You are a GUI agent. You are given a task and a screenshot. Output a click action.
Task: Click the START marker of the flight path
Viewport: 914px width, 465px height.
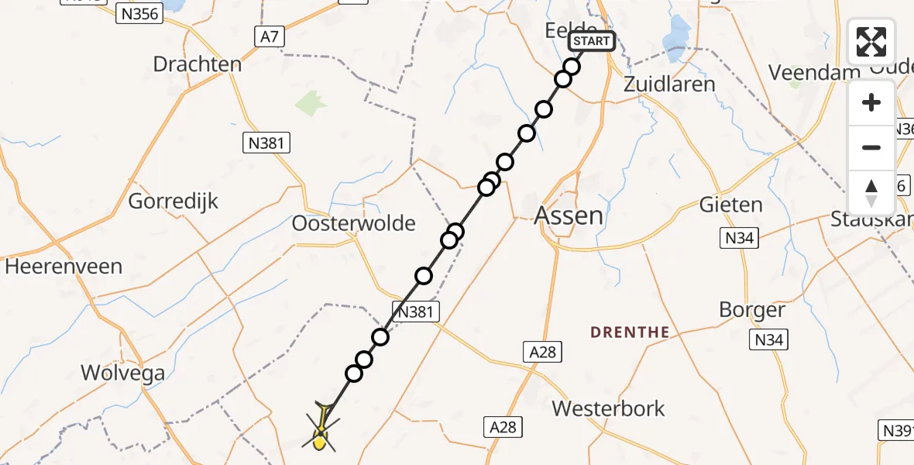click(592, 41)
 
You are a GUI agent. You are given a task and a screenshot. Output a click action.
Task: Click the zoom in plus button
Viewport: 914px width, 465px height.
click(871, 103)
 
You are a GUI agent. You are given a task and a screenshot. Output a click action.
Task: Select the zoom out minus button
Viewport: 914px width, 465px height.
click(871, 147)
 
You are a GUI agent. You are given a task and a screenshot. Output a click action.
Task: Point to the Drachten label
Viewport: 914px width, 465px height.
click(198, 64)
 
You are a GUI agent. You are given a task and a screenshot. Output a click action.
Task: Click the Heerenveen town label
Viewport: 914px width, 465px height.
click(64, 267)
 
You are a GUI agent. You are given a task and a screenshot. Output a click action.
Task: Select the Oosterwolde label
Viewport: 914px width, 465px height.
click(353, 223)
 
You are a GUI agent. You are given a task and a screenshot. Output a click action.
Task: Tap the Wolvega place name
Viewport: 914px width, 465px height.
click(123, 373)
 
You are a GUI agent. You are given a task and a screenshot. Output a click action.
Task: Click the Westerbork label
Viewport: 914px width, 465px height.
click(608, 408)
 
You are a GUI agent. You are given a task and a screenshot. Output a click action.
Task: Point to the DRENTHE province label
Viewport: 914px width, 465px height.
click(630, 332)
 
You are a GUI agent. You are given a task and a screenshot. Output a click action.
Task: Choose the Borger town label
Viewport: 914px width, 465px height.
click(751, 310)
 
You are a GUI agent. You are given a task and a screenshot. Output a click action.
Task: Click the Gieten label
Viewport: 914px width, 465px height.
click(730, 205)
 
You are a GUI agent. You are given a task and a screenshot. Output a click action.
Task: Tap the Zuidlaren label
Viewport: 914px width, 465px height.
click(669, 84)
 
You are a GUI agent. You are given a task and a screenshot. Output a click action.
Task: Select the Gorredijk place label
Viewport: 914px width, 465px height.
click(174, 201)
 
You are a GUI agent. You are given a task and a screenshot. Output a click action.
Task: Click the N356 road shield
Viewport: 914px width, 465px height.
click(139, 13)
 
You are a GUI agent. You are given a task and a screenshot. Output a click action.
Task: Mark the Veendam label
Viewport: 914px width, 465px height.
click(809, 72)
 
